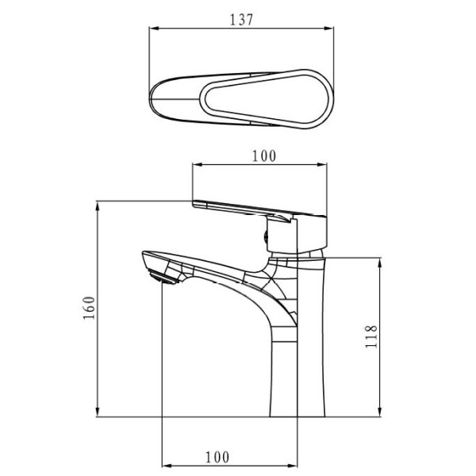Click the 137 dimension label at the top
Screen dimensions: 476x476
(x=241, y=20)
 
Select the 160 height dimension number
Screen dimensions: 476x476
(x=89, y=308)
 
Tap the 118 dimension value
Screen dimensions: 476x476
(x=371, y=336)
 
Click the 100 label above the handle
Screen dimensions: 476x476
(x=264, y=156)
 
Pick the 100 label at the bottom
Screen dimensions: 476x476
(x=217, y=457)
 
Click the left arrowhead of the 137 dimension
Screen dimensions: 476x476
(x=154, y=29)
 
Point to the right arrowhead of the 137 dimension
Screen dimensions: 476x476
(x=328, y=29)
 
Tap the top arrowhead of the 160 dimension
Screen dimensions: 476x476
(x=98, y=207)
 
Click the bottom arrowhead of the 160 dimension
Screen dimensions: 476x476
(x=98, y=411)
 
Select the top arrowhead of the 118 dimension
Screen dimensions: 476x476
(x=379, y=264)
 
